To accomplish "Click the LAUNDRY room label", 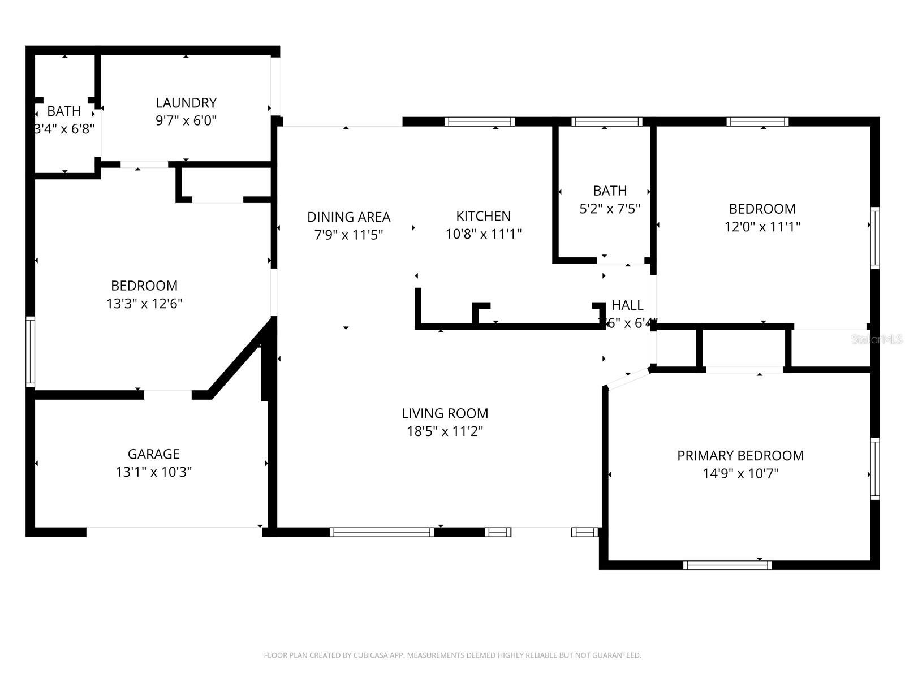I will [186, 103].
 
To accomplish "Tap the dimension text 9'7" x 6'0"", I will [186, 120].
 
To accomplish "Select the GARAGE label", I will [153, 454].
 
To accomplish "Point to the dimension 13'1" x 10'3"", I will [153, 472].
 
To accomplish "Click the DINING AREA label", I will [348, 217].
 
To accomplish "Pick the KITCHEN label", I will [483, 216].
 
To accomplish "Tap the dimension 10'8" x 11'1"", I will [483, 234].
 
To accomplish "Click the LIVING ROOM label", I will [445, 413].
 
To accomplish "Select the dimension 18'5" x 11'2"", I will [445, 431].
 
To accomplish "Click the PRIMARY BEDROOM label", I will [740, 456].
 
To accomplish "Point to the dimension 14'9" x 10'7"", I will [740, 474].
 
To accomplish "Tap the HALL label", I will [627, 305].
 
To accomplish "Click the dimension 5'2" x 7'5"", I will [610, 209].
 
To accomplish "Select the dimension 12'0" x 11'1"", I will [762, 227].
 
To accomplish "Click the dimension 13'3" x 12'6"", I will [144, 304].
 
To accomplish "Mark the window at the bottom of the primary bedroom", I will [727, 564].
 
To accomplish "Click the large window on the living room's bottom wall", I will [382, 532].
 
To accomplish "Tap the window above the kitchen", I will [479, 122].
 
